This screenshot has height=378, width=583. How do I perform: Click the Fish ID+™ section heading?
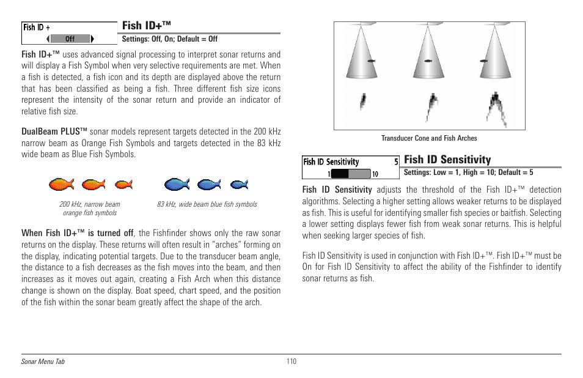(146, 26)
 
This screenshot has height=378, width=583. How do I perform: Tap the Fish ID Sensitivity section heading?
(447, 160)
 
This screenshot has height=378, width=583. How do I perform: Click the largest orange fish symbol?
(62, 183)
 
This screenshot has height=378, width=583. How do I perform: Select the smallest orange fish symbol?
(123, 183)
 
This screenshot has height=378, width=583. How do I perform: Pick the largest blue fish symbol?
(177, 183)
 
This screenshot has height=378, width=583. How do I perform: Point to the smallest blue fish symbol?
(239, 183)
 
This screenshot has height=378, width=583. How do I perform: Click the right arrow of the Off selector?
(92, 39)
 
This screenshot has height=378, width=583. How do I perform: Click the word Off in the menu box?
(70, 39)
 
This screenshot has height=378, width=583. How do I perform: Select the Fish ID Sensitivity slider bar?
(348, 174)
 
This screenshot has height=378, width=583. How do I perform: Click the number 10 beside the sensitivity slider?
(375, 174)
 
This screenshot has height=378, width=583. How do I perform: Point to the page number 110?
(291, 361)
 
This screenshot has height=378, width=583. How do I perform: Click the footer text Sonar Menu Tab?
(43, 362)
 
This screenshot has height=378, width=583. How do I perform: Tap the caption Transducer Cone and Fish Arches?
(429, 138)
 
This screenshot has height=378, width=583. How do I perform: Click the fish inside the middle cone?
(429, 62)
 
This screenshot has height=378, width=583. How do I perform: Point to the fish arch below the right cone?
(496, 108)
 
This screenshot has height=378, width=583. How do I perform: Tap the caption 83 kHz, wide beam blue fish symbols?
(207, 204)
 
